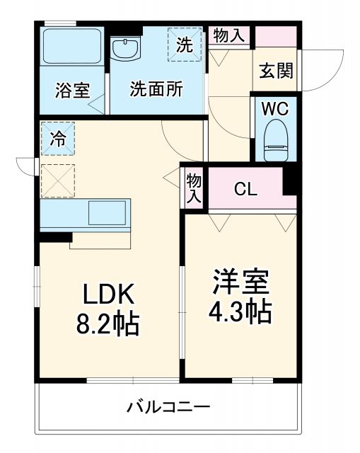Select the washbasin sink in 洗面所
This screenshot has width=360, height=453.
(127, 49)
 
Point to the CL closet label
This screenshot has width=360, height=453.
(245, 189)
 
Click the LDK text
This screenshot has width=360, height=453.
(110, 294)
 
